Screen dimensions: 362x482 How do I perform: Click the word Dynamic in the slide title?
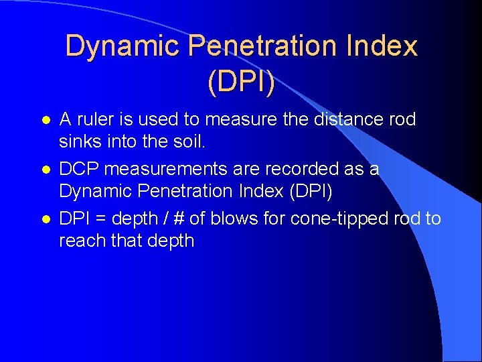click(x=123, y=46)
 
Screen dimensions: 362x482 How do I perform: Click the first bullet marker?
click(x=45, y=121)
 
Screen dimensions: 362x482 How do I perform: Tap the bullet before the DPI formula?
click(x=45, y=219)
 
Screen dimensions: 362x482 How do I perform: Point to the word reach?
click(x=81, y=241)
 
